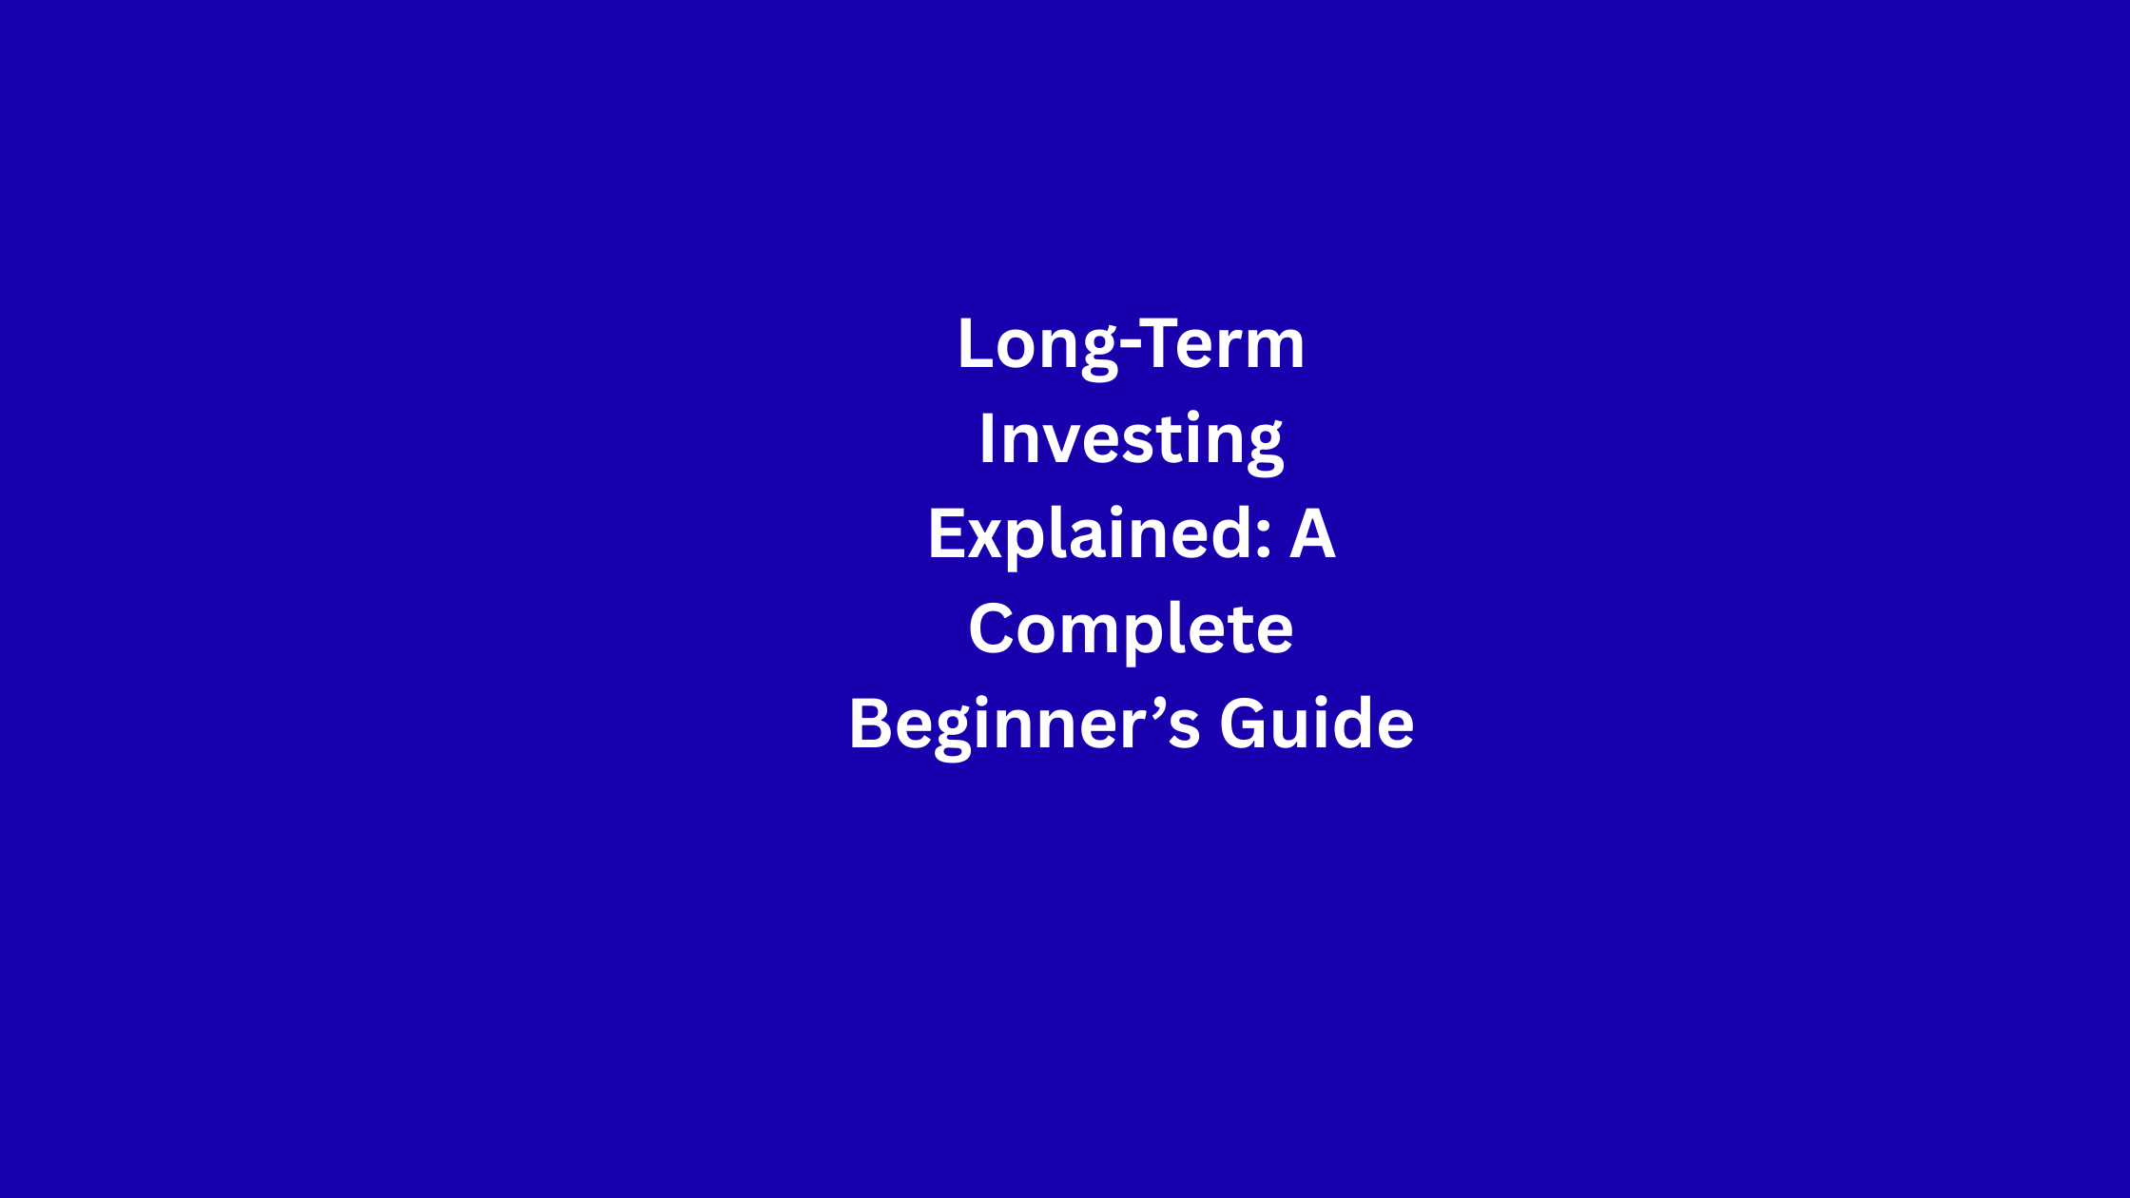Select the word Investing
coord(1132,442)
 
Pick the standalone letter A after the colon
coord(1313,533)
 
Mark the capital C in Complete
coord(992,628)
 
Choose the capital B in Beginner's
coord(870,724)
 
